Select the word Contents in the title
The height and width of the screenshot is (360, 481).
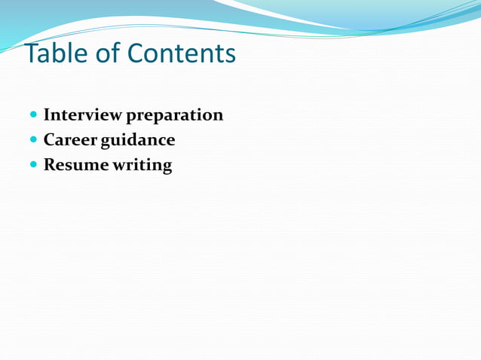(181, 53)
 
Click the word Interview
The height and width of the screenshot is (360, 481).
(82, 115)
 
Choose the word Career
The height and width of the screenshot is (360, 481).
(75, 140)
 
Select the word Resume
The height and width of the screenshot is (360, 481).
(76, 164)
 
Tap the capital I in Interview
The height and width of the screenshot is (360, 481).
(47, 115)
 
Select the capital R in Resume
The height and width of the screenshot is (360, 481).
(50, 164)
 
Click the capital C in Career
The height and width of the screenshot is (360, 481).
(50, 140)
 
